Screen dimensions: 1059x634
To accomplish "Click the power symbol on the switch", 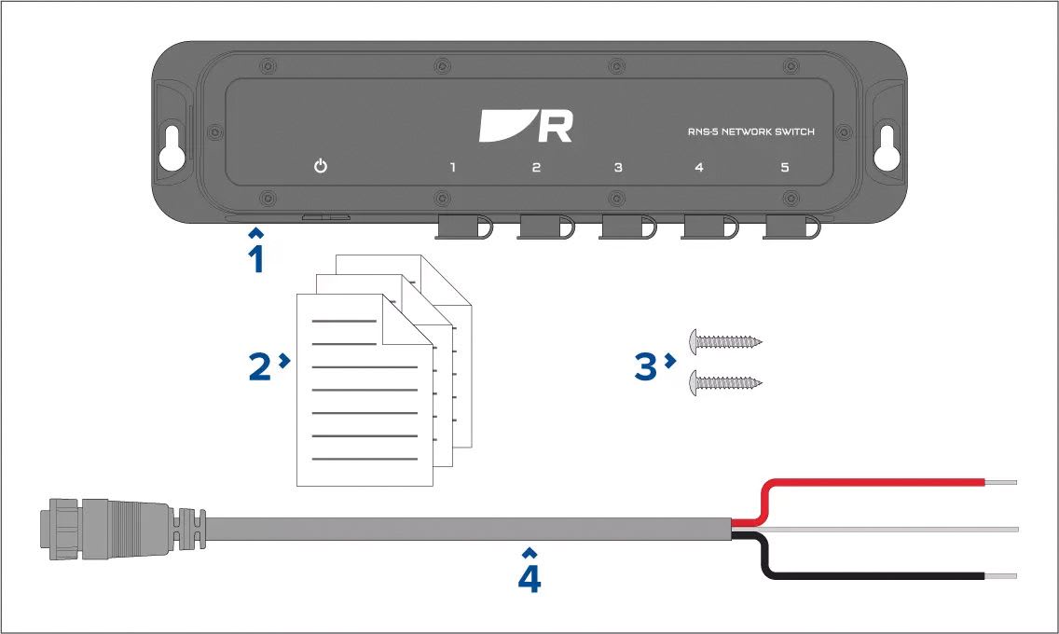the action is tap(321, 165).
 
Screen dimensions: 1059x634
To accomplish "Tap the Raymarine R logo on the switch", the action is tap(526, 126).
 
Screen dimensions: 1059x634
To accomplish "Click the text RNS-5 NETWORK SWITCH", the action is tap(751, 131).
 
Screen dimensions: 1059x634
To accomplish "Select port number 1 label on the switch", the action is tap(452, 167).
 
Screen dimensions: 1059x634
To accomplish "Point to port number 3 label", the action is tap(618, 167).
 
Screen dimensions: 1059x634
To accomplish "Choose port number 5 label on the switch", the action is tap(785, 167).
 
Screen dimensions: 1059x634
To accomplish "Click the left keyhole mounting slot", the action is tap(172, 147).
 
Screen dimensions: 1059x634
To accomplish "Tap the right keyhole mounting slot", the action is tap(887, 147).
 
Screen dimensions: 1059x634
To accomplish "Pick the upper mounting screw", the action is tap(725, 341).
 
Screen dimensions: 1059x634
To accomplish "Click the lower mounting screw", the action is tap(725, 383).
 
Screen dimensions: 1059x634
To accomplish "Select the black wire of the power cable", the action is tap(872, 576).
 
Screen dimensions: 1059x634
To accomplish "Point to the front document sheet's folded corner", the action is tap(406, 320).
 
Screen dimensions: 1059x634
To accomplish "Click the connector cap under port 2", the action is tap(545, 227).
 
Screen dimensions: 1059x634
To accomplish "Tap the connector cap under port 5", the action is tap(791, 227).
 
